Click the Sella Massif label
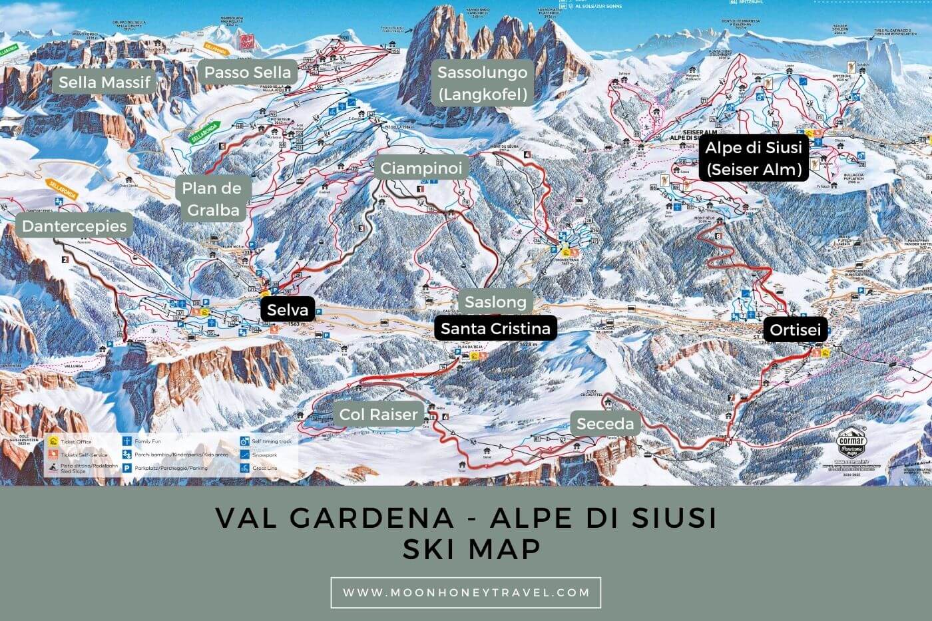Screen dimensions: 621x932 click(x=105, y=82)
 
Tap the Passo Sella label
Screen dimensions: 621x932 click(x=247, y=72)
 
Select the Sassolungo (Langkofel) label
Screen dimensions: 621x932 click(x=483, y=83)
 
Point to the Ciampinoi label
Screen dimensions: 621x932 click(x=421, y=168)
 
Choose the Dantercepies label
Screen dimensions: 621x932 click(x=74, y=226)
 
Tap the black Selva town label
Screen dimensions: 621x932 click(x=288, y=310)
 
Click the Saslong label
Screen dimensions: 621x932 click(x=495, y=302)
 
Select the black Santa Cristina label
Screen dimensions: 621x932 click(x=495, y=328)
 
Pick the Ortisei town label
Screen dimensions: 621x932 click(x=795, y=329)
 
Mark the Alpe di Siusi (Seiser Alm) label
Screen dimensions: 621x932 click(x=754, y=158)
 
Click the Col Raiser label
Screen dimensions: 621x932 click(x=378, y=414)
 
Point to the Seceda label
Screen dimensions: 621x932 click(x=605, y=423)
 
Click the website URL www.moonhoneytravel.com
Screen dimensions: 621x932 click(x=466, y=592)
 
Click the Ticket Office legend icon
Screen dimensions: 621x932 click(x=53, y=441)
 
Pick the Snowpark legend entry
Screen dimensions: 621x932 click(x=264, y=455)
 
